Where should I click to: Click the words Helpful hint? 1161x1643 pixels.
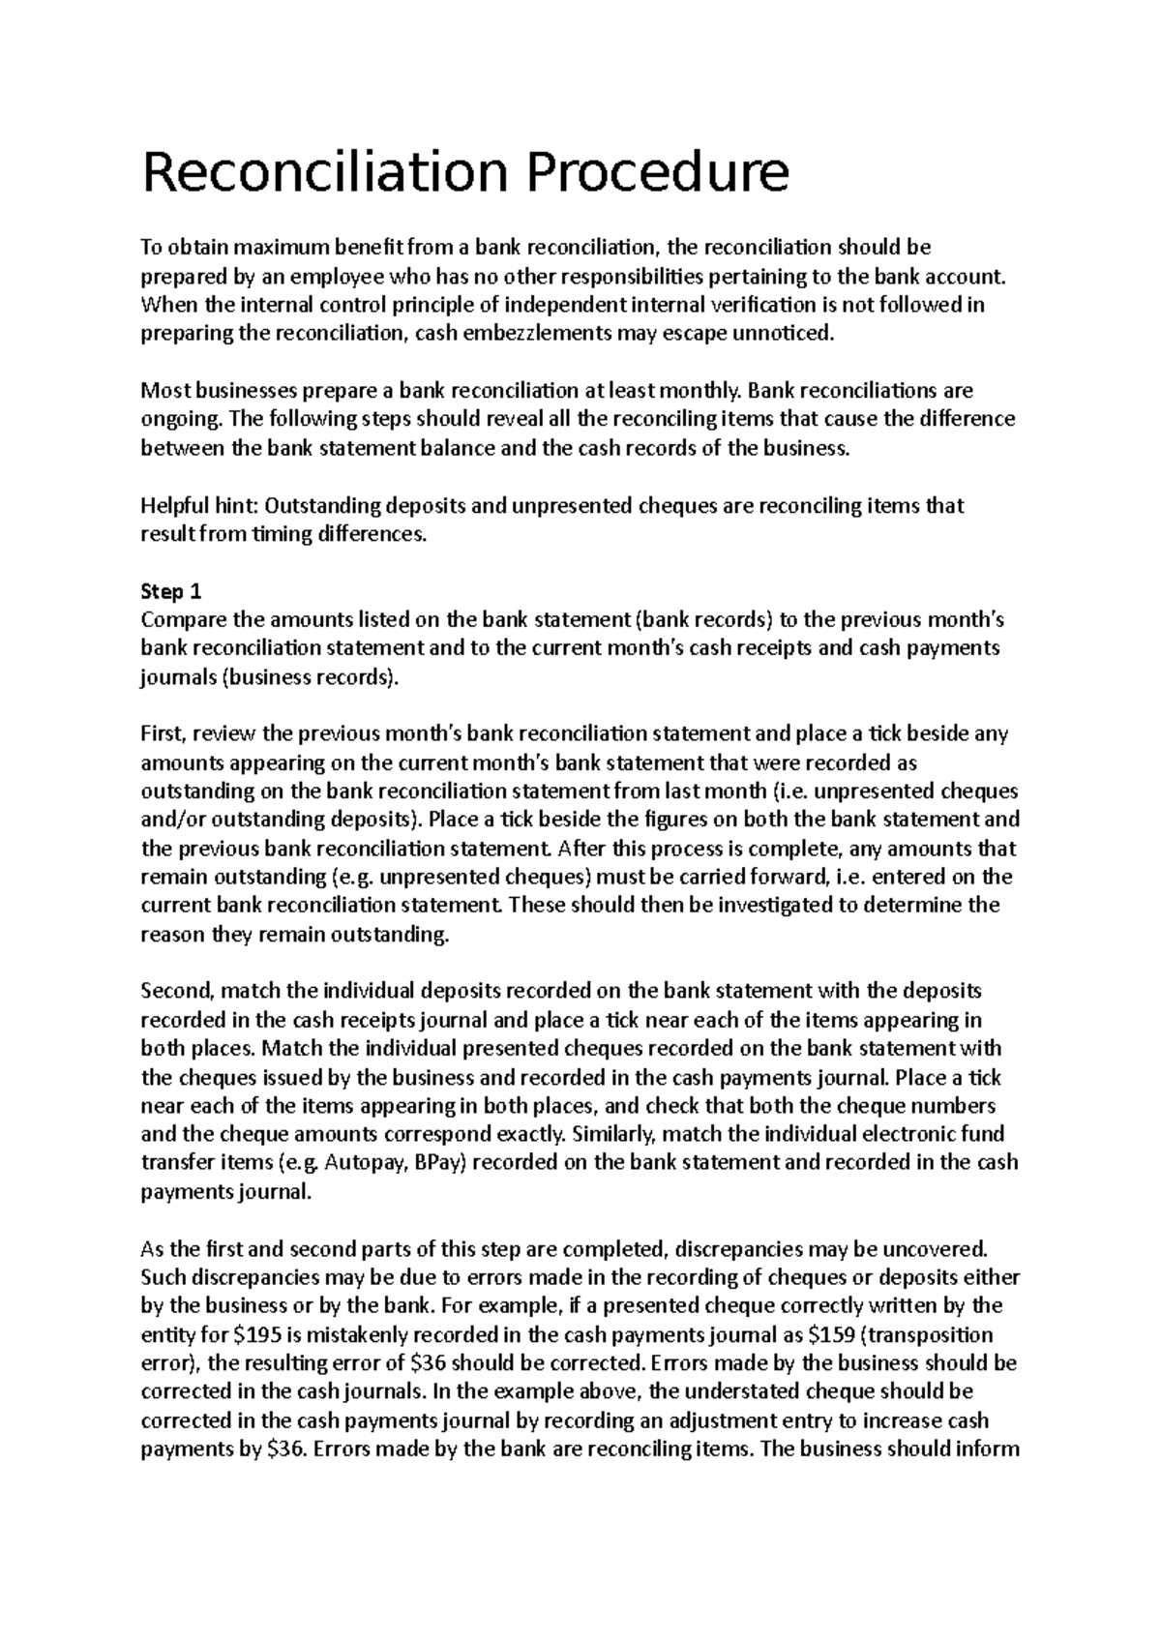pyautogui.click(x=199, y=506)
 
